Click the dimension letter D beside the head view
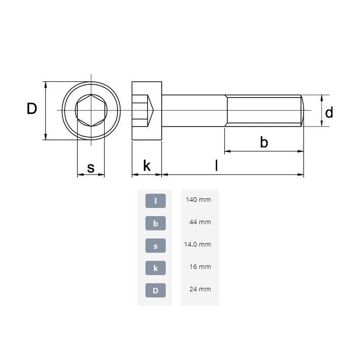coord(32,109)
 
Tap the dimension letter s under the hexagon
coord(91,167)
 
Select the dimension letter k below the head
coord(146,165)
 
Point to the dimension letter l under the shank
coord(217,165)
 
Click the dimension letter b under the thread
coord(264,142)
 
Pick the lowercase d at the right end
coord(329,112)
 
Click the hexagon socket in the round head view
coord(91,110)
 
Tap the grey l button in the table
coord(156,201)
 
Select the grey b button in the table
coord(156,223)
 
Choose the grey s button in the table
coord(156,246)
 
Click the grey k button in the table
coord(156,268)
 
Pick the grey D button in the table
coord(156,290)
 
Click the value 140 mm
coord(198,200)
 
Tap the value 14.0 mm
coord(197,245)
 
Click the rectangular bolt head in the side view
coord(146,110)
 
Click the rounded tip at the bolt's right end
coord(303,110)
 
